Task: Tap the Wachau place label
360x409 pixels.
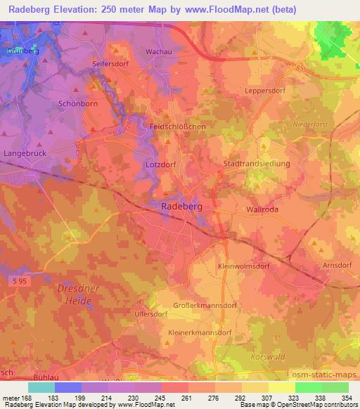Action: (159, 52)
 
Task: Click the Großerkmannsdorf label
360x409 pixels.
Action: (206, 306)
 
